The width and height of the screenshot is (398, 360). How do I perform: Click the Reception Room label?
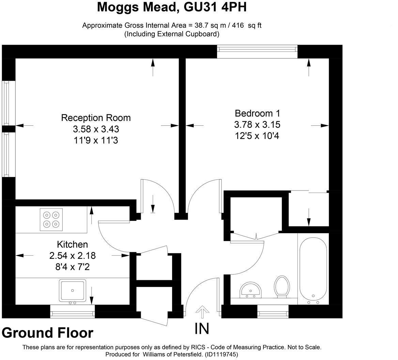(96, 118)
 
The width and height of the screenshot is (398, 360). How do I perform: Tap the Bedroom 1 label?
(257, 114)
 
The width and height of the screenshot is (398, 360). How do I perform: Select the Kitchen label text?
(72, 244)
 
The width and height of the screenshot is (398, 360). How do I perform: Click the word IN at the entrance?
(202, 329)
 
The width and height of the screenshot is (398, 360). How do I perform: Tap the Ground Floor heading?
(47, 333)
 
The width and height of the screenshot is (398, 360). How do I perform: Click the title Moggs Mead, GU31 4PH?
(172, 7)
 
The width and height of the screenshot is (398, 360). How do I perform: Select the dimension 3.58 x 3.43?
(96, 129)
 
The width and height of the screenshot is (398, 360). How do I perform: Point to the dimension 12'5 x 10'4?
(257, 136)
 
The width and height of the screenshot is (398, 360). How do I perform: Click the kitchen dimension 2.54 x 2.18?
(72, 255)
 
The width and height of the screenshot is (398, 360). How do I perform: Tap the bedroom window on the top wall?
(257, 51)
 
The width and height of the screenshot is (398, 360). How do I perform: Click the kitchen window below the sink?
(72, 311)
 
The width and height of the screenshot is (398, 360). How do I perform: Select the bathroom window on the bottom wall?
(273, 311)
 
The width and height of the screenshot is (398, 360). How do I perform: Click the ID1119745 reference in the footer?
(220, 355)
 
